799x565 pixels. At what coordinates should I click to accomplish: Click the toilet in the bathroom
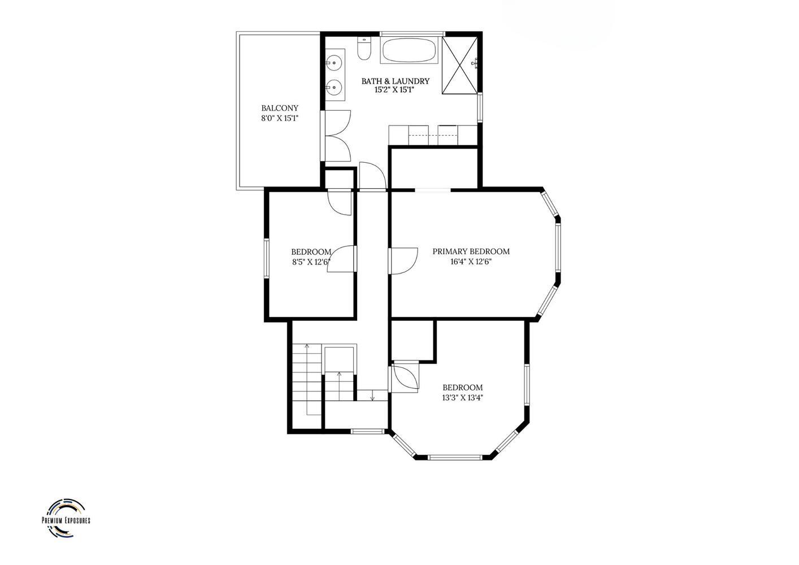click(x=364, y=49)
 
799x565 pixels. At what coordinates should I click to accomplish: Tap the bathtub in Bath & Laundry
click(x=409, y=50)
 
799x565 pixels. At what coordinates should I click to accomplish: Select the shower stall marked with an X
click(x=460, y=65)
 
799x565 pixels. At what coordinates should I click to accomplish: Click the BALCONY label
click(x=280, y=108)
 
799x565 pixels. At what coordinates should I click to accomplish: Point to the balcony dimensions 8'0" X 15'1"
click(x=280, y=118)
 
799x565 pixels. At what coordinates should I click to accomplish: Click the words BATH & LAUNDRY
click(x=395, y=81)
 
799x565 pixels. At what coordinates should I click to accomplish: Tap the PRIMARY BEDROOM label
click(x=471, y=251)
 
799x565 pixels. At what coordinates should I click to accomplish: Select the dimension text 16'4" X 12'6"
click(x=471, y=262)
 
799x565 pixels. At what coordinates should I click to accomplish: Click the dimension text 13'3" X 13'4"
click(x=463, y=398)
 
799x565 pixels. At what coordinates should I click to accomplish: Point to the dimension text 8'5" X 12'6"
click(x=311, y=262)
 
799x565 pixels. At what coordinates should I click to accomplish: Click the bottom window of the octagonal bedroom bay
click(x=455, y=457)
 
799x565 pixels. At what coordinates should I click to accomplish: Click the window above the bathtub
click(x=412, y=34)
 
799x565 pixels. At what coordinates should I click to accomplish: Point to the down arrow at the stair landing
click(x=373, y=395)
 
